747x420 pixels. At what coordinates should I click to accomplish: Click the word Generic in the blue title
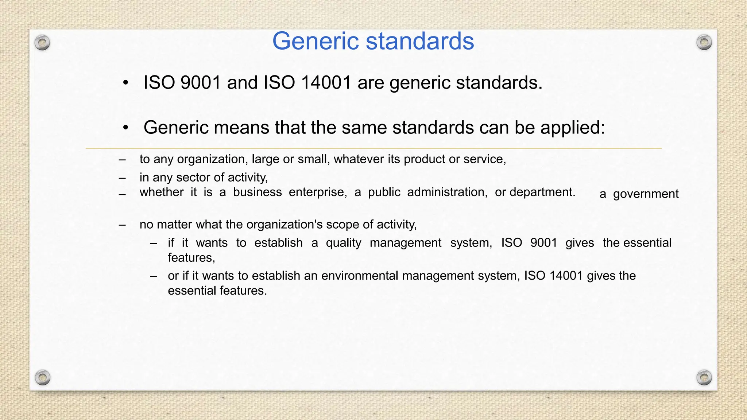pyautogui.click(x=316, y=41)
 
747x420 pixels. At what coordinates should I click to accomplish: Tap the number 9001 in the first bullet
pyautogui.click(x=201, y=82)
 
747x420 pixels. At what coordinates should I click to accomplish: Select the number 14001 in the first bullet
pyautogui.click(x=326, y=82)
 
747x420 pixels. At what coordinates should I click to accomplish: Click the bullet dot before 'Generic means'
pyautogui.click(x=125, y=128)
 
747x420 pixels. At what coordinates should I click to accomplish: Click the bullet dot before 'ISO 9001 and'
pyautogui.click(x=125, y=83)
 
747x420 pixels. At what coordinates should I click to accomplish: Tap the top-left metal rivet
pyautogui.click(x=42, y=43)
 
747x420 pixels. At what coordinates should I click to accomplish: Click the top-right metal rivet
pyautogui.click(x=704, y=43)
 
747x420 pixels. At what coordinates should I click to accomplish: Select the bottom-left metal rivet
pyautogui.click(x=42, y=377)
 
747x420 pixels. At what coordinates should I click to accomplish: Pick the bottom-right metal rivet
pyautogui.click(x=704, y=377)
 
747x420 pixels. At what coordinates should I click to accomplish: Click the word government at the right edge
pyautogui.click(x=646, y=194)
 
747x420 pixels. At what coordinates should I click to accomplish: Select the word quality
pyautogui.click(x=344, y=243)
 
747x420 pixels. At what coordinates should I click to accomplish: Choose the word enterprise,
pyautogui.click(x=318, y=192)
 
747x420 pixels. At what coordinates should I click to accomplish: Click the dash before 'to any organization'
pyautogui.click(x=122, y=160)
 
